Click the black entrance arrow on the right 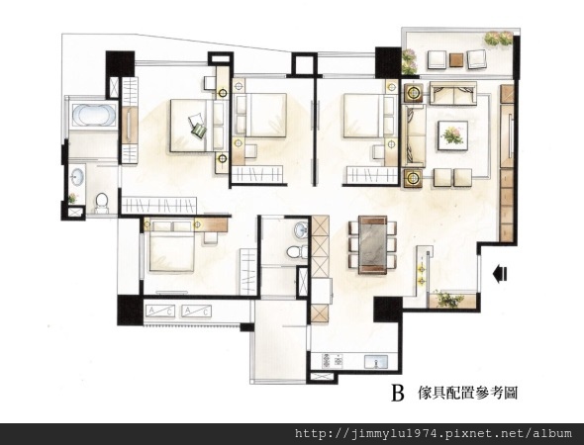pos(500,274)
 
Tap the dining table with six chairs pos(372,245)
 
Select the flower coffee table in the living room pos(453,135)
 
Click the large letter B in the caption pos(398,393)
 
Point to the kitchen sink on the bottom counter pos(376,361)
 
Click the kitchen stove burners pos(333,361)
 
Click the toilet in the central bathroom pos(297,252)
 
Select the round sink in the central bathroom pos(301,230)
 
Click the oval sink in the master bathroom pos(77,176)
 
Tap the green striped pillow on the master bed pos(199,131)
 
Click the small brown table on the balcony pos(456,60)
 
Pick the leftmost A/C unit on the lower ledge pos(160,311)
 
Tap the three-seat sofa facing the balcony pos(453,93)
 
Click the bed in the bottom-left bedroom pos(171,246)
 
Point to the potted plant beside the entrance pos(449,299)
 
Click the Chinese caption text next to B pos(468,393)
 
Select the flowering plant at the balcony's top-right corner pos(499,39)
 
